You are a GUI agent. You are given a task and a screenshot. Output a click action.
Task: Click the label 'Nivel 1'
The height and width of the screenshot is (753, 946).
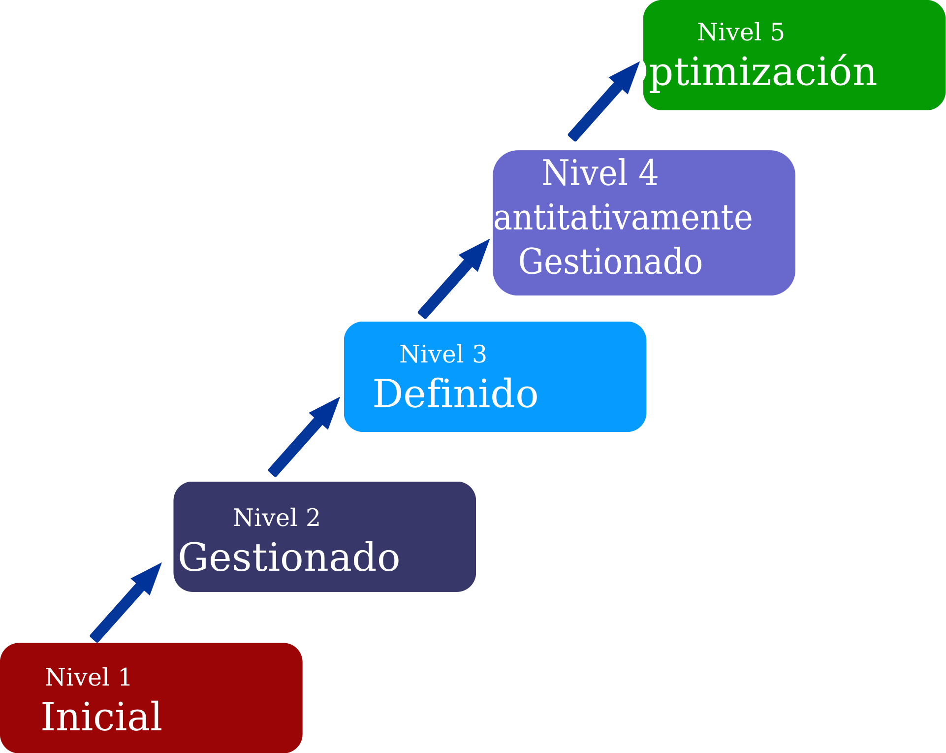[88, 677]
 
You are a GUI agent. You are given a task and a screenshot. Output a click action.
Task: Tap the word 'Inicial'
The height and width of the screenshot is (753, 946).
[101, 717]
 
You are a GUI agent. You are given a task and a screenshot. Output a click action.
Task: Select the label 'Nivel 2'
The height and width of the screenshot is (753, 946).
[276, 517]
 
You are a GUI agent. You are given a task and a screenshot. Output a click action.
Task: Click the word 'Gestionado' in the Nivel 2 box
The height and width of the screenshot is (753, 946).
[289, 557]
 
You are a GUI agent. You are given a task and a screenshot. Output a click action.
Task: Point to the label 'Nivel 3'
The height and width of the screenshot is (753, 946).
[442, 354]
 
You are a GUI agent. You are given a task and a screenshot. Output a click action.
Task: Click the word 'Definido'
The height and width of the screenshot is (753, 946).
[455, 393]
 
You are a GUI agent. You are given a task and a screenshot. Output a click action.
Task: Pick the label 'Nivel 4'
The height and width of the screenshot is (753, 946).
[599, 173]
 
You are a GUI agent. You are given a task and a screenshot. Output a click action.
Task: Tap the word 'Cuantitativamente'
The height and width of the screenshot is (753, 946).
[600, 217]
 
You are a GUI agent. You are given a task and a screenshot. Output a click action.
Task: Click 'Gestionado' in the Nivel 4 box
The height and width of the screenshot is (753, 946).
[610, 262]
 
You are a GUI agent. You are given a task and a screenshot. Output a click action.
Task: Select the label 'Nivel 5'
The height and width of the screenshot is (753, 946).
[740, 32]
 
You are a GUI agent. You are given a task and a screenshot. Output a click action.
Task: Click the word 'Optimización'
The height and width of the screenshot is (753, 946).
[747, 72]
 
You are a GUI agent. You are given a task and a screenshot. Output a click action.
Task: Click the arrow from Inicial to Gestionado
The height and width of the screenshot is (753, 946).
[126, 603]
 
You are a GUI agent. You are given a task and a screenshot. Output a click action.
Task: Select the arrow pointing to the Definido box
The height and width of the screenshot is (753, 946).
[304, 437]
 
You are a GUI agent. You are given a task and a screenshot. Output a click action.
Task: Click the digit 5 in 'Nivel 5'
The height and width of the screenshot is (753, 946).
[777, 33]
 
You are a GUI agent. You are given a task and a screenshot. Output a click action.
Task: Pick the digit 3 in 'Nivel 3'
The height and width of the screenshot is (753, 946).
[479, 354]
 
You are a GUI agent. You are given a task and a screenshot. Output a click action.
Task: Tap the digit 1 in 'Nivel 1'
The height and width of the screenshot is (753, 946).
[125, 677]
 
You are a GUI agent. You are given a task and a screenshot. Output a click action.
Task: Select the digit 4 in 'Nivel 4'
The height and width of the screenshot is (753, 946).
[648, 173]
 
